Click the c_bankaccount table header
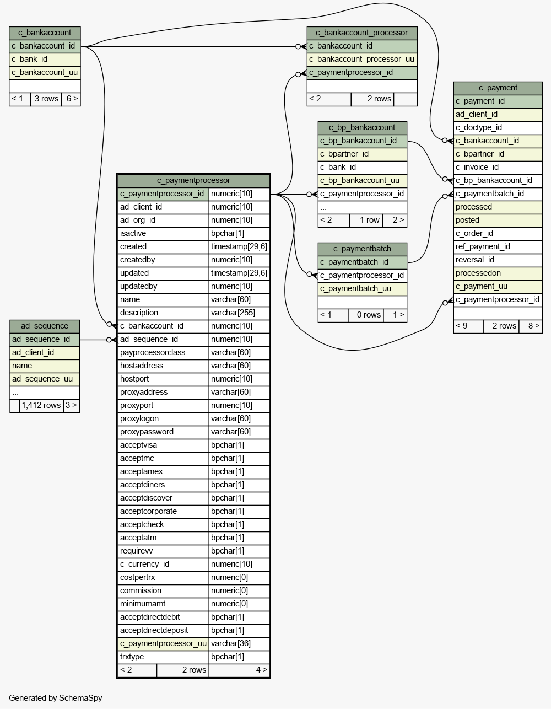(x=45, y=33)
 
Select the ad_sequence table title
(x=45, y=326)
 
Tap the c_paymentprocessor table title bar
(x=193, y=181)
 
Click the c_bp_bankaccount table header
(x=362, y=128)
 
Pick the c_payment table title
(x=498, y=88)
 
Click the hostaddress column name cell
(x=163, y=366)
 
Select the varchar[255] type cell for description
(x=239, y=313)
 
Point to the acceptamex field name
(x=163, y=472)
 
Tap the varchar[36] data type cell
(x=239, y=644)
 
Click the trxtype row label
(x=163, y=657)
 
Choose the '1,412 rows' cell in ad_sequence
(x=41, y=406)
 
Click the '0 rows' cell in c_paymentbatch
(x=365, y=315)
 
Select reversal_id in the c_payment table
(x=498, y=260)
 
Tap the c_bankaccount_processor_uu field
(x=362, y=60)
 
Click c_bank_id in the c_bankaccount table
(x=45, y=60)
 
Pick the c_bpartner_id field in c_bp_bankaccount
(x=362, y=154)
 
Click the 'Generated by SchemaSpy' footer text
(x=56, y=698)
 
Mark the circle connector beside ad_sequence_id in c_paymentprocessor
(x=109, y=340)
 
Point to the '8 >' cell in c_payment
(x=531, y=326)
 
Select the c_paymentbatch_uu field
(x=362, y=289)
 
